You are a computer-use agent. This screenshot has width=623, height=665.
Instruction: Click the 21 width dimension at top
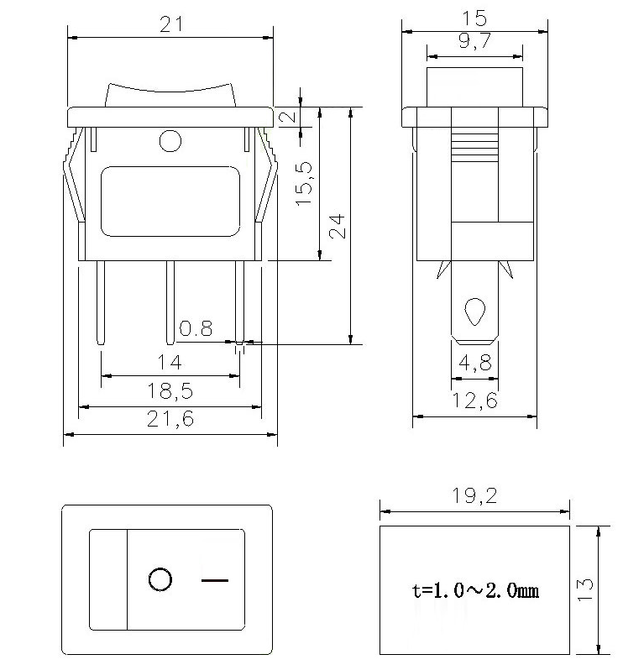171,26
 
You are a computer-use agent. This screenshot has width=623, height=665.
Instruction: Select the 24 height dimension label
337,226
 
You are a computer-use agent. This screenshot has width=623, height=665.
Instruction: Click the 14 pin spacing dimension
170,363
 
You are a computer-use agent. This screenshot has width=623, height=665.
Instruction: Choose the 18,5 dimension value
170,391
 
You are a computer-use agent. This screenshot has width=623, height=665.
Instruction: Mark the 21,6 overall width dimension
170,419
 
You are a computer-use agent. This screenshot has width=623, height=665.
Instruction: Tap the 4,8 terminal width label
475,363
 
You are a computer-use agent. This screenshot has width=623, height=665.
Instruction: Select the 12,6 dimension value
475,401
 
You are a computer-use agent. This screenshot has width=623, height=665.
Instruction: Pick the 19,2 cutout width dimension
475,496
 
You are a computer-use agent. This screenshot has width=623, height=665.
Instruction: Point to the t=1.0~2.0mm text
475,590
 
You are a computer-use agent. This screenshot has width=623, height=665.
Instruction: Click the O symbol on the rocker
160,579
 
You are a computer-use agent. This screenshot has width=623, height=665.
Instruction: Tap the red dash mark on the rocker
215,579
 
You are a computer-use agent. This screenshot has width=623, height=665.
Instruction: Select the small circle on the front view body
170,140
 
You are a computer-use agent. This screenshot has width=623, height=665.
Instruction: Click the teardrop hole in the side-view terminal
475,312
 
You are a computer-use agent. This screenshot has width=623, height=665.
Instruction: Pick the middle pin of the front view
170,302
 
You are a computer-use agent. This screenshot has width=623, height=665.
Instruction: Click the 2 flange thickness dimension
288,116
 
